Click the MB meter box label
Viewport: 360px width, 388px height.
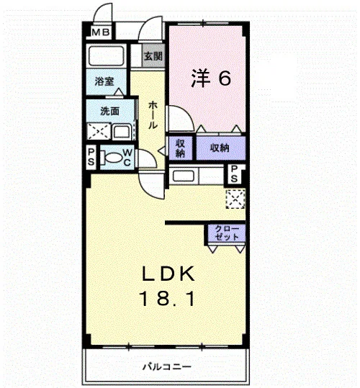coord(101,32)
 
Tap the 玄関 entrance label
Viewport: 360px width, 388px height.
coord(153,56)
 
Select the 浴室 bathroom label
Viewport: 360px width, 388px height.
coord(104,81)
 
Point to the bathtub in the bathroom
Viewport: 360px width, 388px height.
coord(106,56)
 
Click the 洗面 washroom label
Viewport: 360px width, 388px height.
coord(109,112)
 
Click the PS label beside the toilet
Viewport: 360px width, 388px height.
coord(91,157)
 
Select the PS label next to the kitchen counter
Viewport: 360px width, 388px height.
coord(234,173)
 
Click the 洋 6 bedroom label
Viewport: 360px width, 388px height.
coord(211,78)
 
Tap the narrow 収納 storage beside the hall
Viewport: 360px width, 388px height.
coord(181,148)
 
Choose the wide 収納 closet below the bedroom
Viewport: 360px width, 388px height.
coord(221,148)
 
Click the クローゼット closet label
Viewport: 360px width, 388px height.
coord(226,233)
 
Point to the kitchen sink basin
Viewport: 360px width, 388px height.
coord(184,176)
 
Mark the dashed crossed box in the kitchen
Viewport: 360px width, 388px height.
coord(235,199)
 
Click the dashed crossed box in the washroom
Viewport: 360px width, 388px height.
coord(99,131)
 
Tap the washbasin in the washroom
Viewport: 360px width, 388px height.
coord(122,132)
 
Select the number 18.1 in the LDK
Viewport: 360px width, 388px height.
coord(168,299)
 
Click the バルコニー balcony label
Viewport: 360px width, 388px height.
coord(167,366)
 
